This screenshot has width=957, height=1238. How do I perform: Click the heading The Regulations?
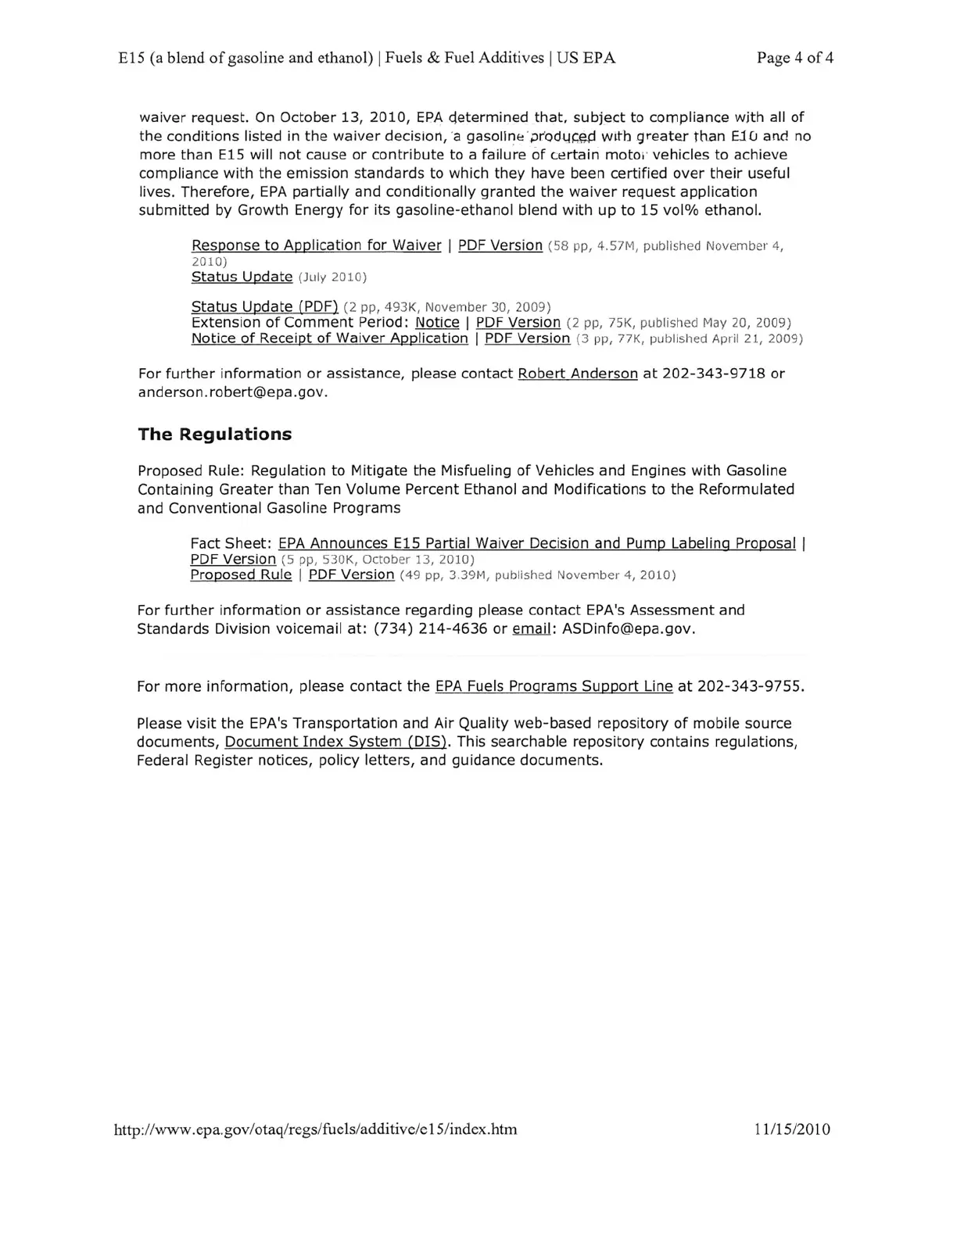coord(214,435)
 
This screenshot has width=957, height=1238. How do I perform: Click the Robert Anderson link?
coord(578,374)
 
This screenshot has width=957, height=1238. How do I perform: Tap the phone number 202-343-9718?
coord(714,374)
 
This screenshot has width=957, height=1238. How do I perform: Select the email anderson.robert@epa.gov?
coord(231,392)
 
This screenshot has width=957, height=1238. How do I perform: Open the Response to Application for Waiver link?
coord(316,245)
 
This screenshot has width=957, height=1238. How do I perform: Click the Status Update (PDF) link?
coord(264,306)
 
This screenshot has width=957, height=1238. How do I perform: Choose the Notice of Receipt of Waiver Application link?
coord(329,338)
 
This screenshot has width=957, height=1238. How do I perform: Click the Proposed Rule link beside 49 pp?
coord(241,575)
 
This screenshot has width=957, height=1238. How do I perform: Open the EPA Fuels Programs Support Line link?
coord(554,686)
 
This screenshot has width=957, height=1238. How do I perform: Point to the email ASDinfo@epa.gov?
coord(627,629)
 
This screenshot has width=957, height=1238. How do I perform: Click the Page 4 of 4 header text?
coord(794,58)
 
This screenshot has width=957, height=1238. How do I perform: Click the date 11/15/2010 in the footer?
coord(792,1129)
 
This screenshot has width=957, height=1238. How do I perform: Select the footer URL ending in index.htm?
coord(316,1129)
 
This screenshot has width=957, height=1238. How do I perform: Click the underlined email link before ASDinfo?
coord(532,629)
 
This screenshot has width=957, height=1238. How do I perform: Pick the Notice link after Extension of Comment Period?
coord(437,323)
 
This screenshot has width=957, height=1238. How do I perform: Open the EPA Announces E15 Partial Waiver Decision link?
coord(536,543)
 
